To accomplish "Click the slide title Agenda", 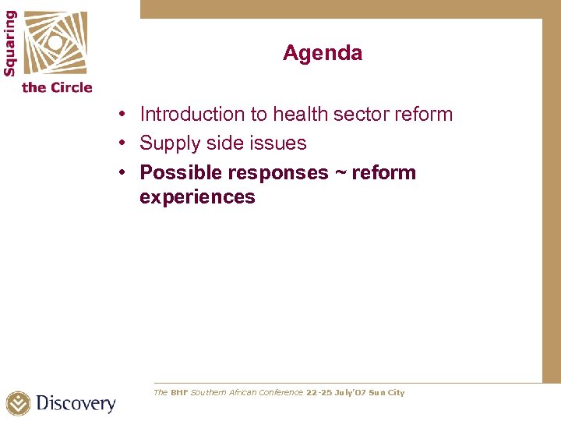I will pos(322,53).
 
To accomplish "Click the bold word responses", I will pos(277,172).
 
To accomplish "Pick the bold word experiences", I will pos(197,196).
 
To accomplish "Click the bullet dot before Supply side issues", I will pos(124,144).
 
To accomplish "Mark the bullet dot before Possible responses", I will pos(124,173).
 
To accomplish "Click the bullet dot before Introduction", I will pos(124,115).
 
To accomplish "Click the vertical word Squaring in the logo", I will pos(10,42).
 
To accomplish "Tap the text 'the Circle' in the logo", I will pos(57,87).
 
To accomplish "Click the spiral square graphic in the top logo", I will pos(54,42).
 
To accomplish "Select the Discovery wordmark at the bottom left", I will pos(76,404).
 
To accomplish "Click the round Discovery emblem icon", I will pos(19,404).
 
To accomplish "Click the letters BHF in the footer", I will pos(179,393).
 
